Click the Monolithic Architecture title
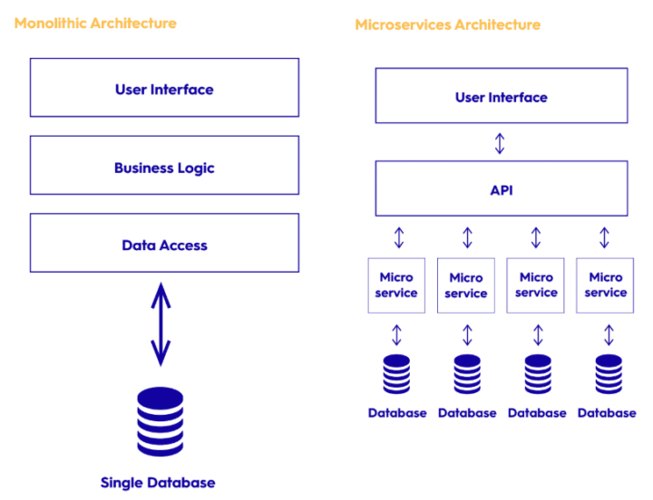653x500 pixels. [95, 24]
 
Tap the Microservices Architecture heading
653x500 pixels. [448, 25]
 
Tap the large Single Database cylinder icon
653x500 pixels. [161, 422]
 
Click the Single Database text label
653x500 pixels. [158, 483]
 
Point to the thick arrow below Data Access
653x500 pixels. [161, 324]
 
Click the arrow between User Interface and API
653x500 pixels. [500, 143]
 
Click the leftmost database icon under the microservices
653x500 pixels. [396, 374]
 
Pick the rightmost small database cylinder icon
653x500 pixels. [609, 374]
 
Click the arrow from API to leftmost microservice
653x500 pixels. [399, 237]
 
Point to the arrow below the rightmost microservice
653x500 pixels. [609, 335]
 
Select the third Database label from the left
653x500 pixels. [537, 413]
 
